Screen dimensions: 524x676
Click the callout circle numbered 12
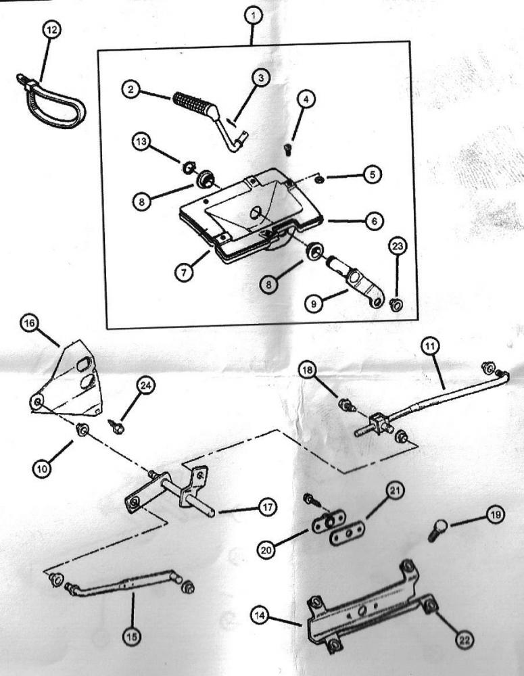point(51,30)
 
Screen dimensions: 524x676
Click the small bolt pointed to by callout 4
point(287,149)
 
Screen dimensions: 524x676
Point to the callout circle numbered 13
point(142,142)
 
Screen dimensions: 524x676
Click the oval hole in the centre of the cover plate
point(256,212)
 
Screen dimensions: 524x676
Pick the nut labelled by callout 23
point(396,305)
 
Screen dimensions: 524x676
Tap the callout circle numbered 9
point(314,304)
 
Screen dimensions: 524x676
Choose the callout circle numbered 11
point(432,346)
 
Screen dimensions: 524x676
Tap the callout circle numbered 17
point(267,508)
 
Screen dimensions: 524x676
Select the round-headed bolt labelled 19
point(437,530)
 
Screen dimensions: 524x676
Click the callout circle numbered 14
point(260,616)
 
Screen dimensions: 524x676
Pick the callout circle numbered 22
point(464,639)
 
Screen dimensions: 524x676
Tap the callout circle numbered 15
point(133,635)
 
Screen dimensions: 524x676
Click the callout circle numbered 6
point(374,221)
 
